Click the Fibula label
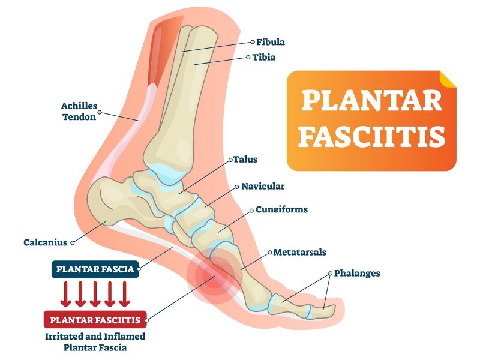271,42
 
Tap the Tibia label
264,58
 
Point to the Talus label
244,160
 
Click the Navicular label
263,186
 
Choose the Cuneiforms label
281,209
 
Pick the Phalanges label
357,273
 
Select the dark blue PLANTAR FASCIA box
95,269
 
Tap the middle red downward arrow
95,294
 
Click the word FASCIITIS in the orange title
372,137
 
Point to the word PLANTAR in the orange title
372,101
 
